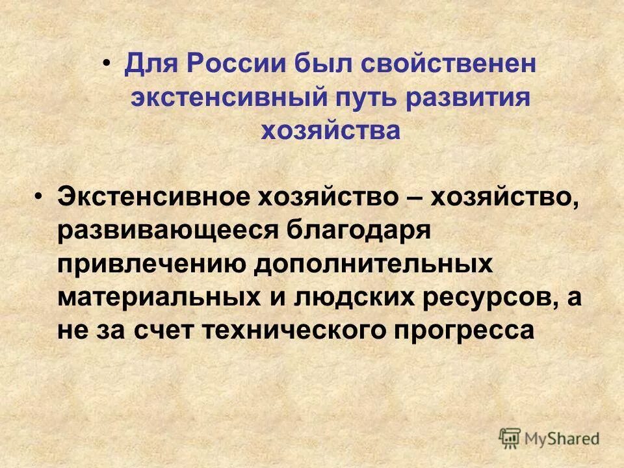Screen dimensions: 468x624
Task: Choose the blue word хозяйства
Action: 330,130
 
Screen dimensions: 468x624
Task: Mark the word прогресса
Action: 463,330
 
